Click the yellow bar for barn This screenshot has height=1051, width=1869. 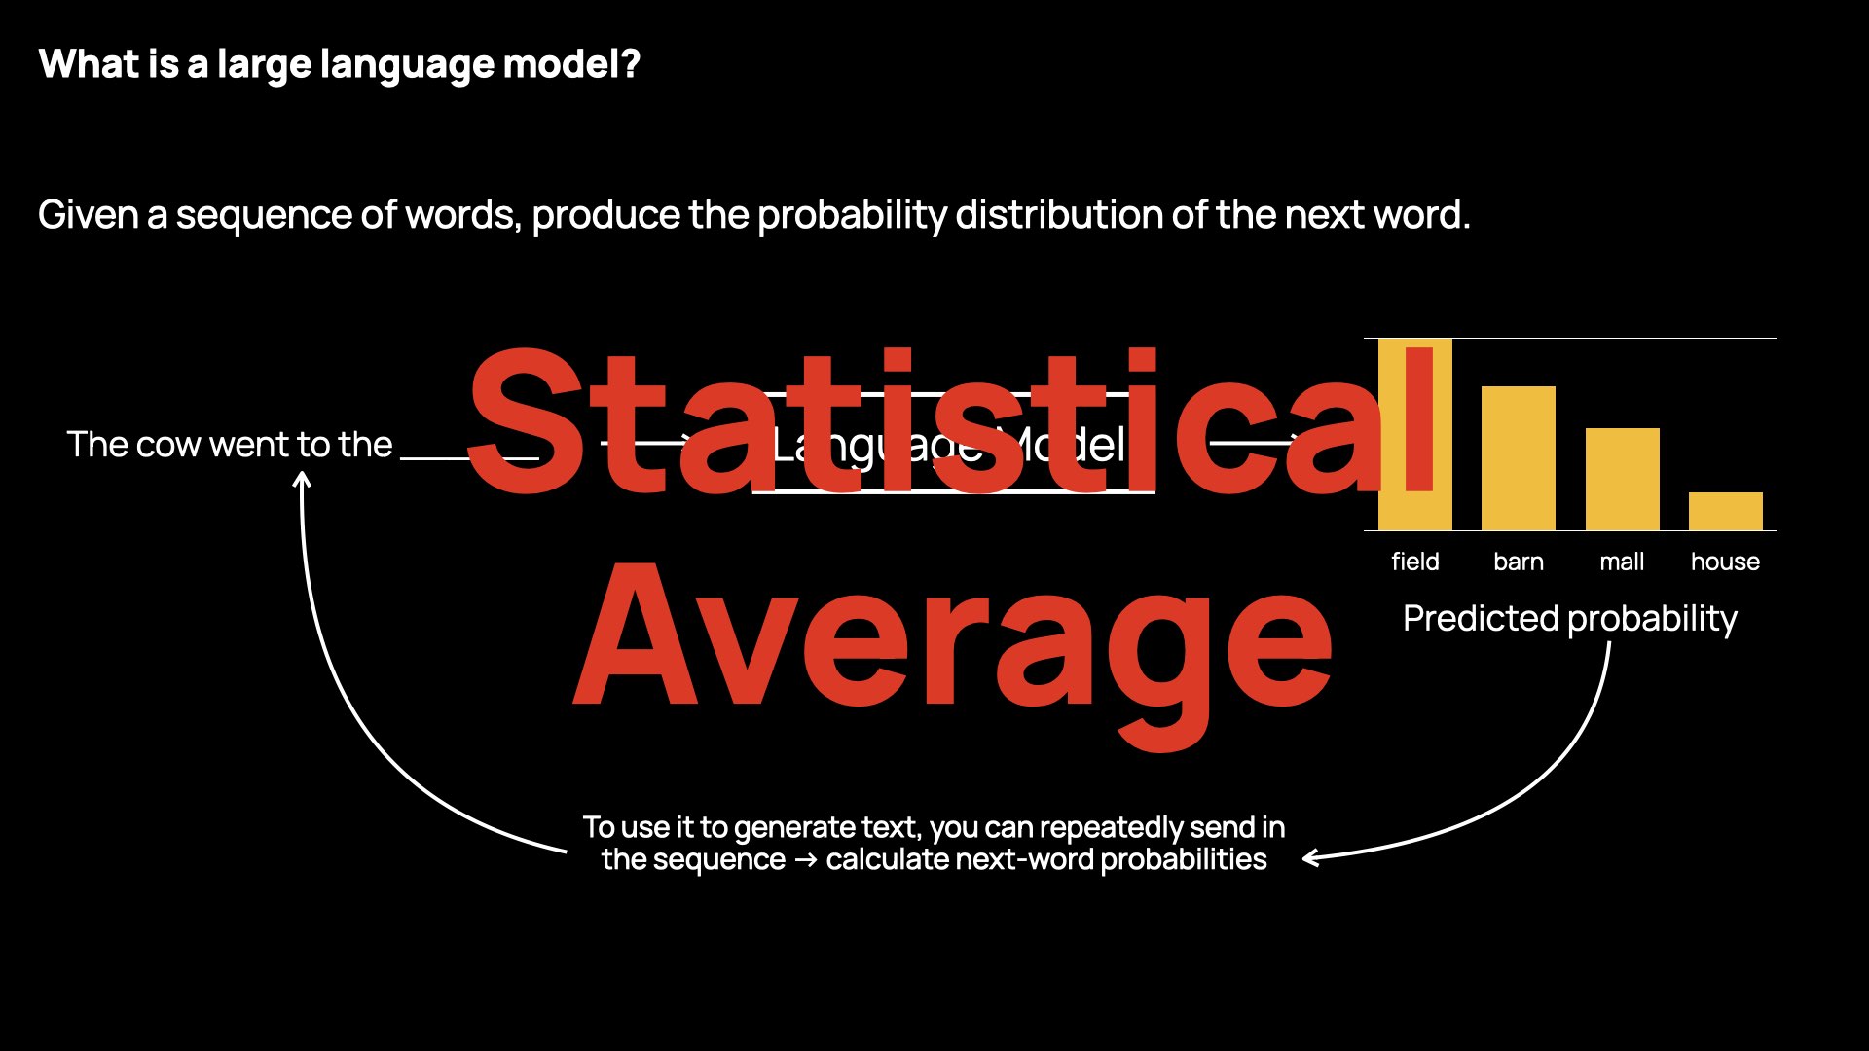click(x=1518, y=458)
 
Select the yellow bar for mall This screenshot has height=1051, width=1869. click(x=1622, y=479)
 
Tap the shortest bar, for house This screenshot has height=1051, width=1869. click(x=1725, y=511)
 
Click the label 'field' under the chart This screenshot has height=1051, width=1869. click(x=1414, y=562)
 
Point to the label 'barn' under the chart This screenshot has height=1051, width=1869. click(x=1518, y=562)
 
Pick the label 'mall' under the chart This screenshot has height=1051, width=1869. click(x=1622, y=562)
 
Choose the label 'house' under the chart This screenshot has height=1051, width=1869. click(x=1725, y=562)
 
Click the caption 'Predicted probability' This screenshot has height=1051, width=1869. click(x=1569, y=619)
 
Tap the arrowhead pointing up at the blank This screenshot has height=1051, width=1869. click(x=303, y=480)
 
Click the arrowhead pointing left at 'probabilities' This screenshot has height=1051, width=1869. click(x=1311, y=857)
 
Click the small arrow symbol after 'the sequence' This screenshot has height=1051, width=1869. click(x=805, y=860)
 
